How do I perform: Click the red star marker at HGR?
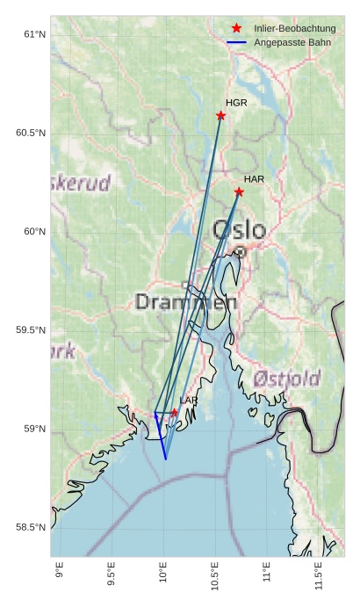click(x=221, y=115)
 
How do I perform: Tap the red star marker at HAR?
click(x=239, y=191)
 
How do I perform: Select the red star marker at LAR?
click(x=175, y=412)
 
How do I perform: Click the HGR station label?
click(x=236, y=103)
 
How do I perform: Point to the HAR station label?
click(x=254, y=179)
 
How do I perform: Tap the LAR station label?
click(x=189, y=401)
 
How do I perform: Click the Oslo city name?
click(x=239, y=230)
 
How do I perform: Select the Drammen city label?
click(x=186, y=302)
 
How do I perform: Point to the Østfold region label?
click(x=287, y=379)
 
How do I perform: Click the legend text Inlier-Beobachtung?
click(x=295, y=29)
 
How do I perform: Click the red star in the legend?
click(x=236, y=29)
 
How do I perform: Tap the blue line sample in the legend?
click(x=236, y=42)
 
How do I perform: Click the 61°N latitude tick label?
click(x=33, y=34)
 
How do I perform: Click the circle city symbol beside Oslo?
click(x=240, y=251)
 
